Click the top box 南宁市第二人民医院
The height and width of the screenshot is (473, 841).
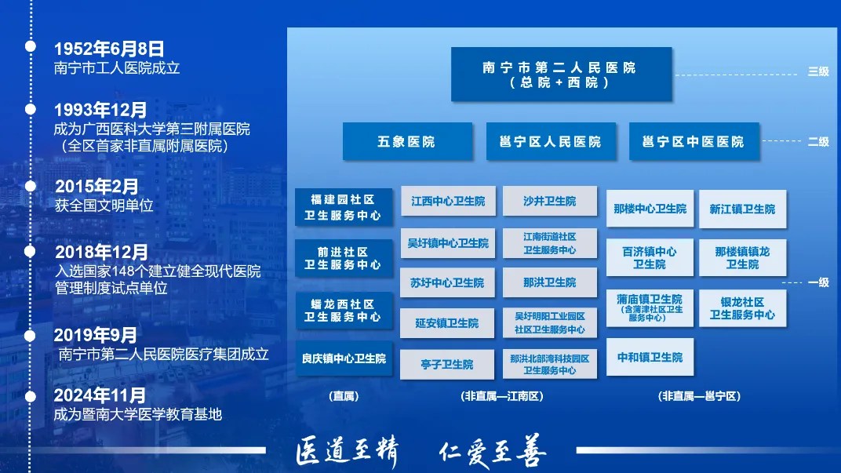[561, 75]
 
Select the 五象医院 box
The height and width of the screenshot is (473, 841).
[406, 142]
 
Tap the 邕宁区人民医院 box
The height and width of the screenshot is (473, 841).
[550, 142]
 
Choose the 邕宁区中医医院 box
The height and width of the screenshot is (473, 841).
[694, 142]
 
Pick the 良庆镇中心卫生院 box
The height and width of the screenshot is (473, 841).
[344, 358]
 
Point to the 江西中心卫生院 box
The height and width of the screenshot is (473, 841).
[448, 202]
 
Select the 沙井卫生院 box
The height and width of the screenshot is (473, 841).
[549, 202]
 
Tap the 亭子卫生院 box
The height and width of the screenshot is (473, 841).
[447, 365]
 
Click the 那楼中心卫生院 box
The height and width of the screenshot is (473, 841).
[650, 209]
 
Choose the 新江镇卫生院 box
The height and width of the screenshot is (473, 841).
[742, 209]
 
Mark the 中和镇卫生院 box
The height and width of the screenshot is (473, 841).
[650, 358]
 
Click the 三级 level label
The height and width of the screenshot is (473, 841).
[818, 72]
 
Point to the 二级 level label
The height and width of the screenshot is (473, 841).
[818, 142]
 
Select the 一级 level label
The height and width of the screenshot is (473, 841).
[818, 282]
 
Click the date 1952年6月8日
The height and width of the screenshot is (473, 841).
[109, 49]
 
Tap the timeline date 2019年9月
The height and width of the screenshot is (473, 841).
[96, 336]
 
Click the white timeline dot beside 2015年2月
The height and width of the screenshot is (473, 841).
[31, 186]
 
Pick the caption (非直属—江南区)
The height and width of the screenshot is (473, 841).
[503, 397]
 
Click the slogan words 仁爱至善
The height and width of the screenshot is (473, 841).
[492, 453]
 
